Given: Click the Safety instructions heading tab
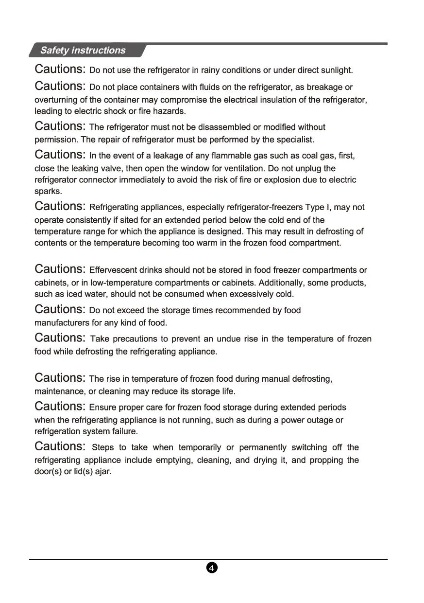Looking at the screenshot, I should (83, 50).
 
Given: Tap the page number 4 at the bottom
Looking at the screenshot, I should (212, 568).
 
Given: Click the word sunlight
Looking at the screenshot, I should (336, 70).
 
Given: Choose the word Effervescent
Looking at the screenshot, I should (113, 270).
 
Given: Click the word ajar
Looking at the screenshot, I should (103, 471).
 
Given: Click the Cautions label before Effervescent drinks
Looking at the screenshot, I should (60, 269).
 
